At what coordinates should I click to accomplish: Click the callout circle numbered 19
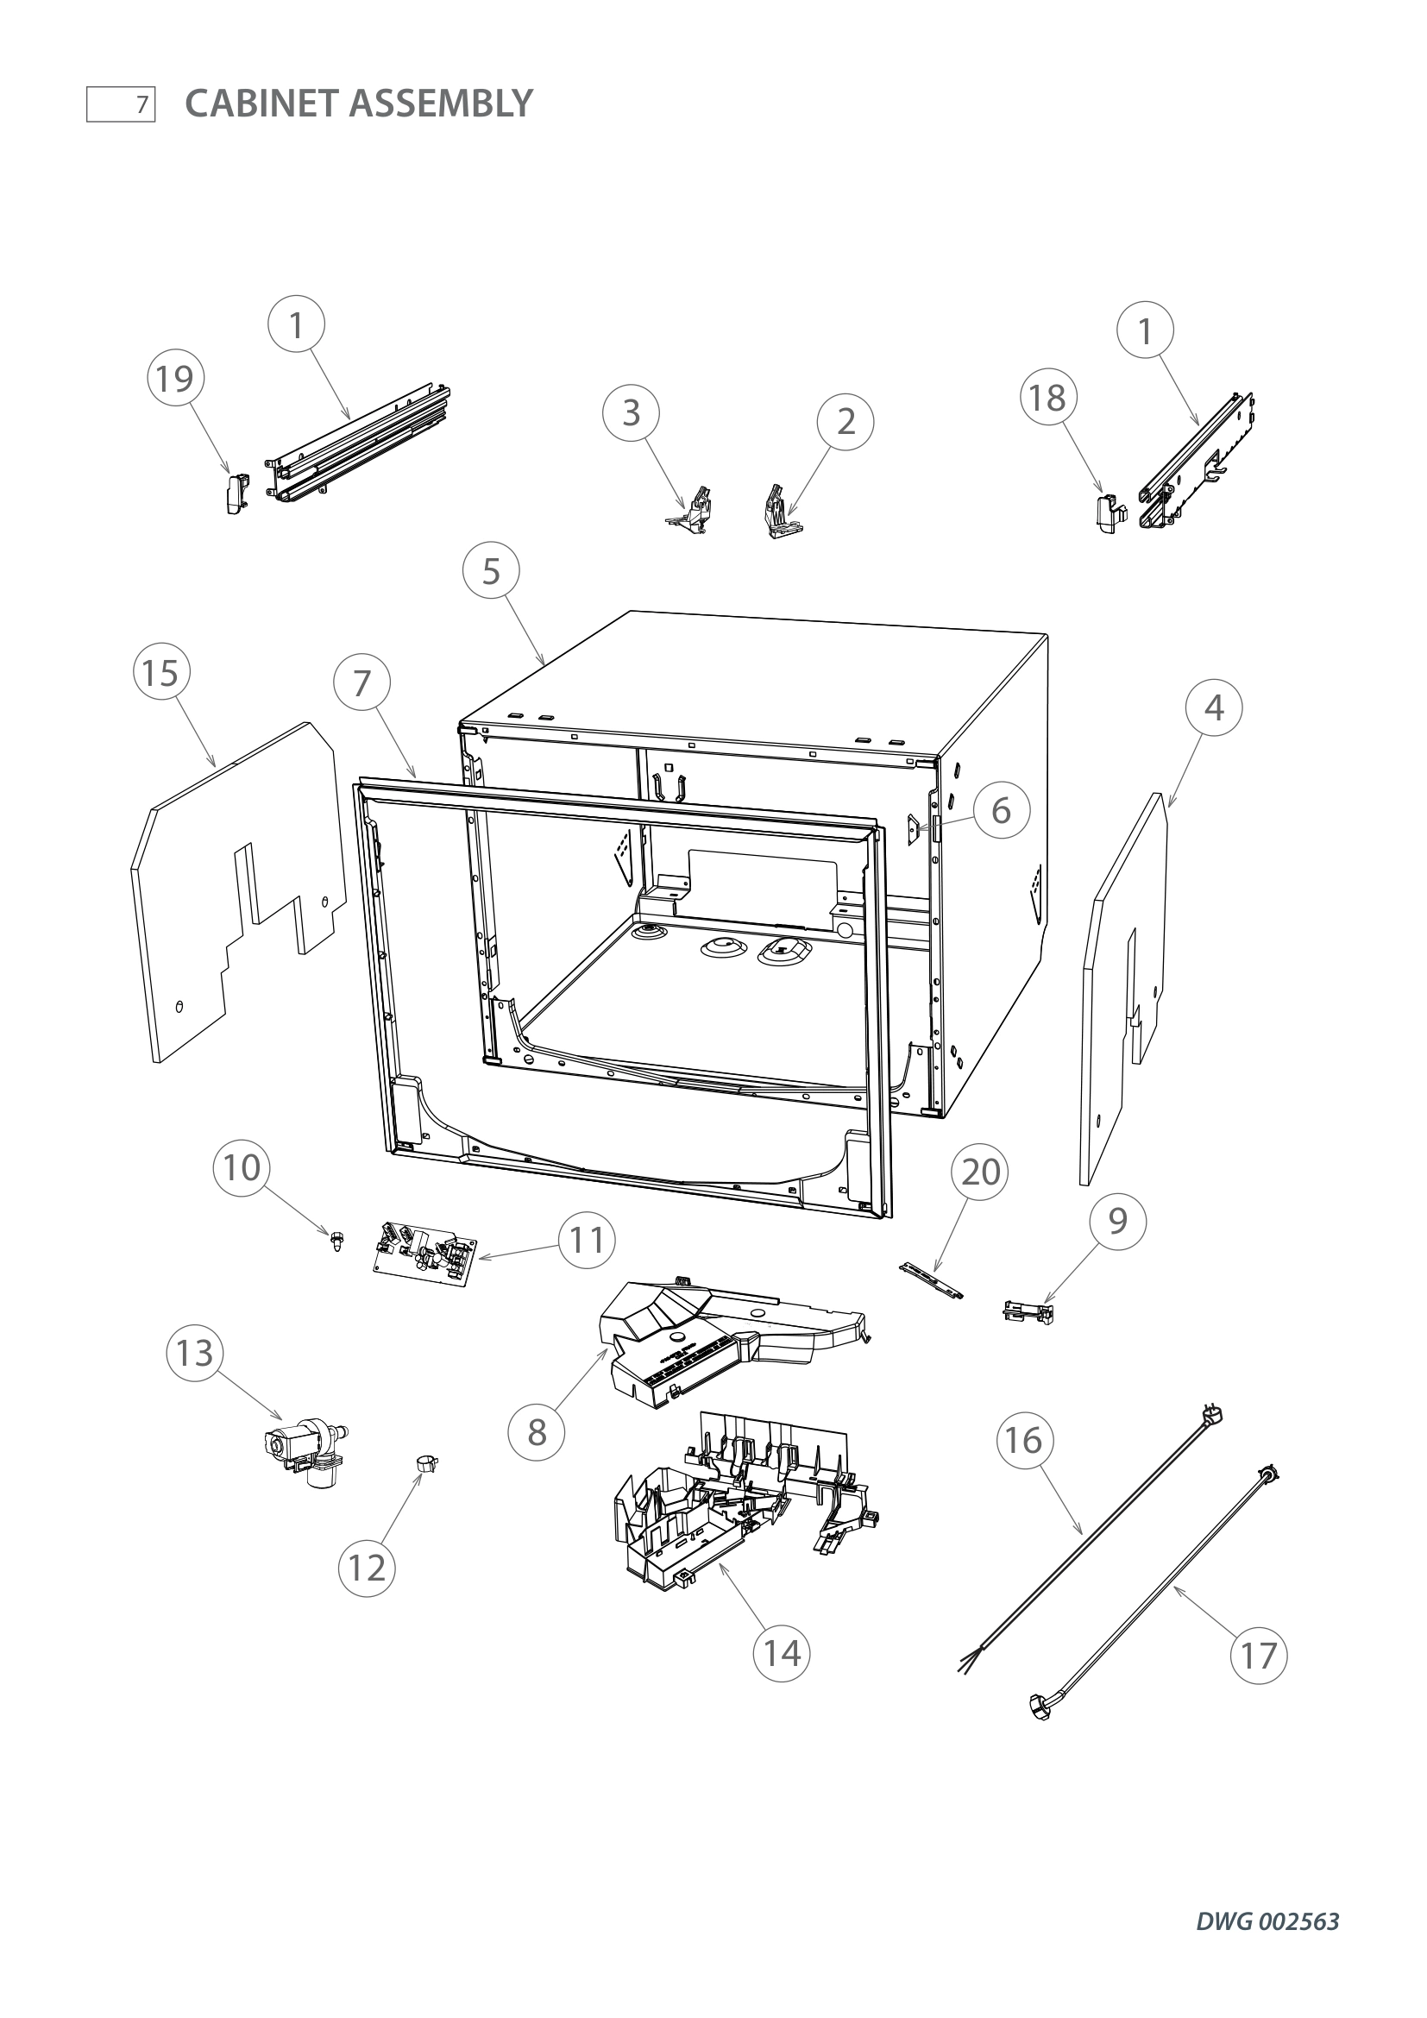coord(175,380)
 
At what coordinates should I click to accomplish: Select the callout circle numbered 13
coord(195,1354)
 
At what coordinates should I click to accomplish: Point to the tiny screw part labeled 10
coord(335,1240)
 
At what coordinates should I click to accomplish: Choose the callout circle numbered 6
coord(1001,810)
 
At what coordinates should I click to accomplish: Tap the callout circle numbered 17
coord(1258,1656)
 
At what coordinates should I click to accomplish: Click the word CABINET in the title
coord(261,104)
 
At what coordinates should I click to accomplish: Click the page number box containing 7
coord(121,104)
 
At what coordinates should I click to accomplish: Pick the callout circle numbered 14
coord(782,1653)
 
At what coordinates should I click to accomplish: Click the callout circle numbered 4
coord(1214,707)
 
